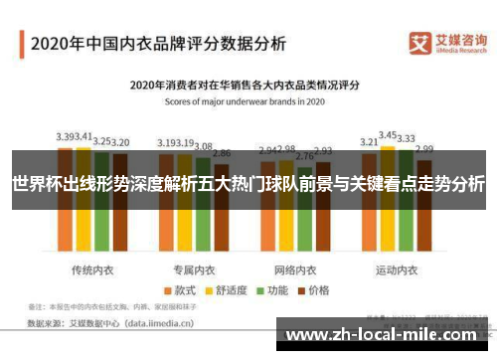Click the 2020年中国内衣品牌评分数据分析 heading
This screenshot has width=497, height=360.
pyautogui.click(x=159, y=44)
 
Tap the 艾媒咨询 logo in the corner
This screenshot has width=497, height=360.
pyautogui.click(x=446, y=45)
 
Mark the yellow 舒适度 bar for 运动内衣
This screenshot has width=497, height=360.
pyautogui.click(x=389, y=214)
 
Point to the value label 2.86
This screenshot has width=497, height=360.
pyautogui.click(x=222, y=154)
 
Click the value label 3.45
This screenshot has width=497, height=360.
pyautogui.click(x=389, y=134)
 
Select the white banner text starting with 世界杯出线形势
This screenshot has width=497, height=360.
pyautogui.click(x=248, y=184)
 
